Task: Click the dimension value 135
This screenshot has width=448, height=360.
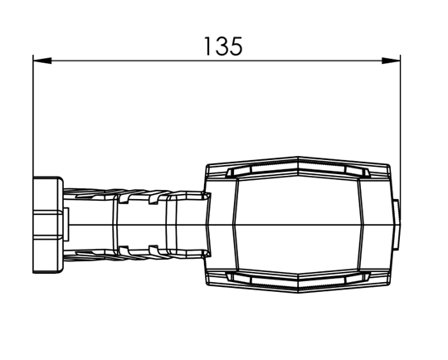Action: click(x=224, y=46)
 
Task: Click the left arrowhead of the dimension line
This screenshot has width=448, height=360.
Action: click(x=42, y=61)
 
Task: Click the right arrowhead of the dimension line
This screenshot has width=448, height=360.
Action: click(x=391, y=61)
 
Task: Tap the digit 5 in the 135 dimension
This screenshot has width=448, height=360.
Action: click(x=236, y=46)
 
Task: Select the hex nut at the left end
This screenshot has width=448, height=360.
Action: click(x=48, y=225)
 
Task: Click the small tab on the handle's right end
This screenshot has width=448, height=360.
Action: click(x=397, y=225)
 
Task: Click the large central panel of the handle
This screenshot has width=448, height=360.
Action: click(x=298, y=225)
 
